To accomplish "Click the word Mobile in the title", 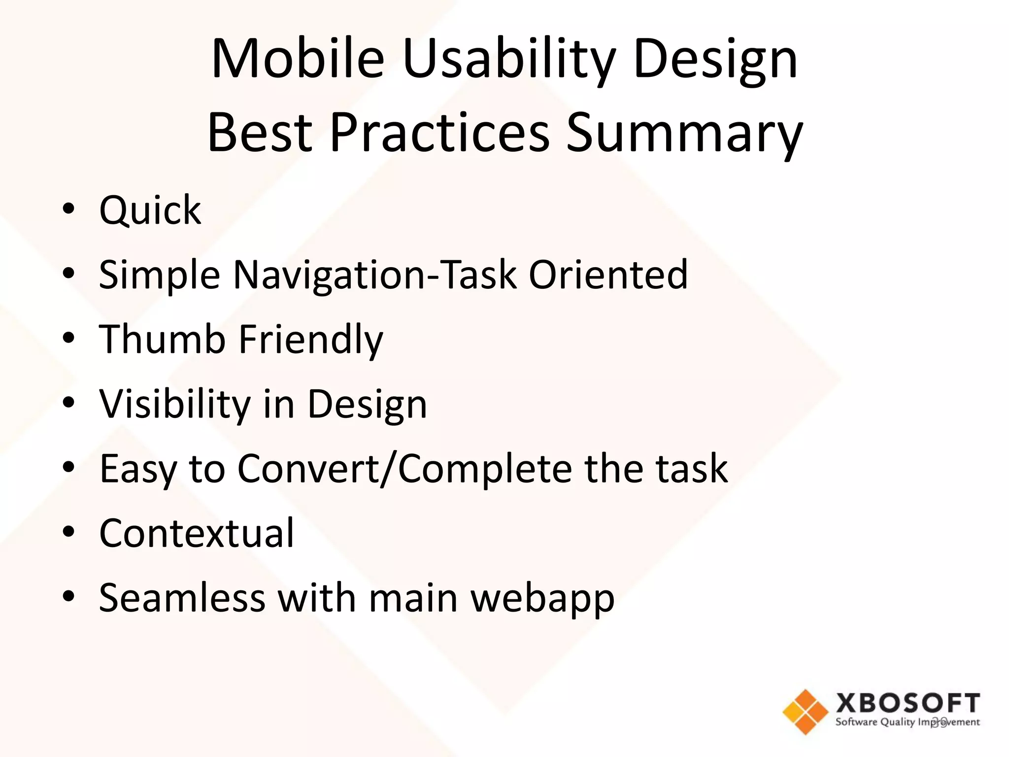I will point(298,59).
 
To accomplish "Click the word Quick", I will point(150,211).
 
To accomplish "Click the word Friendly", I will point(311,340).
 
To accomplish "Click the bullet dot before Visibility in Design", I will point(68,402).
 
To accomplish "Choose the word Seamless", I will point(182,598).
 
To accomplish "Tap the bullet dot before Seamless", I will point(68,596).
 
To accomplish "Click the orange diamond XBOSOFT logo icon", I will point(805,712).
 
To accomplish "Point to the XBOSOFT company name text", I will point(908,703).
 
